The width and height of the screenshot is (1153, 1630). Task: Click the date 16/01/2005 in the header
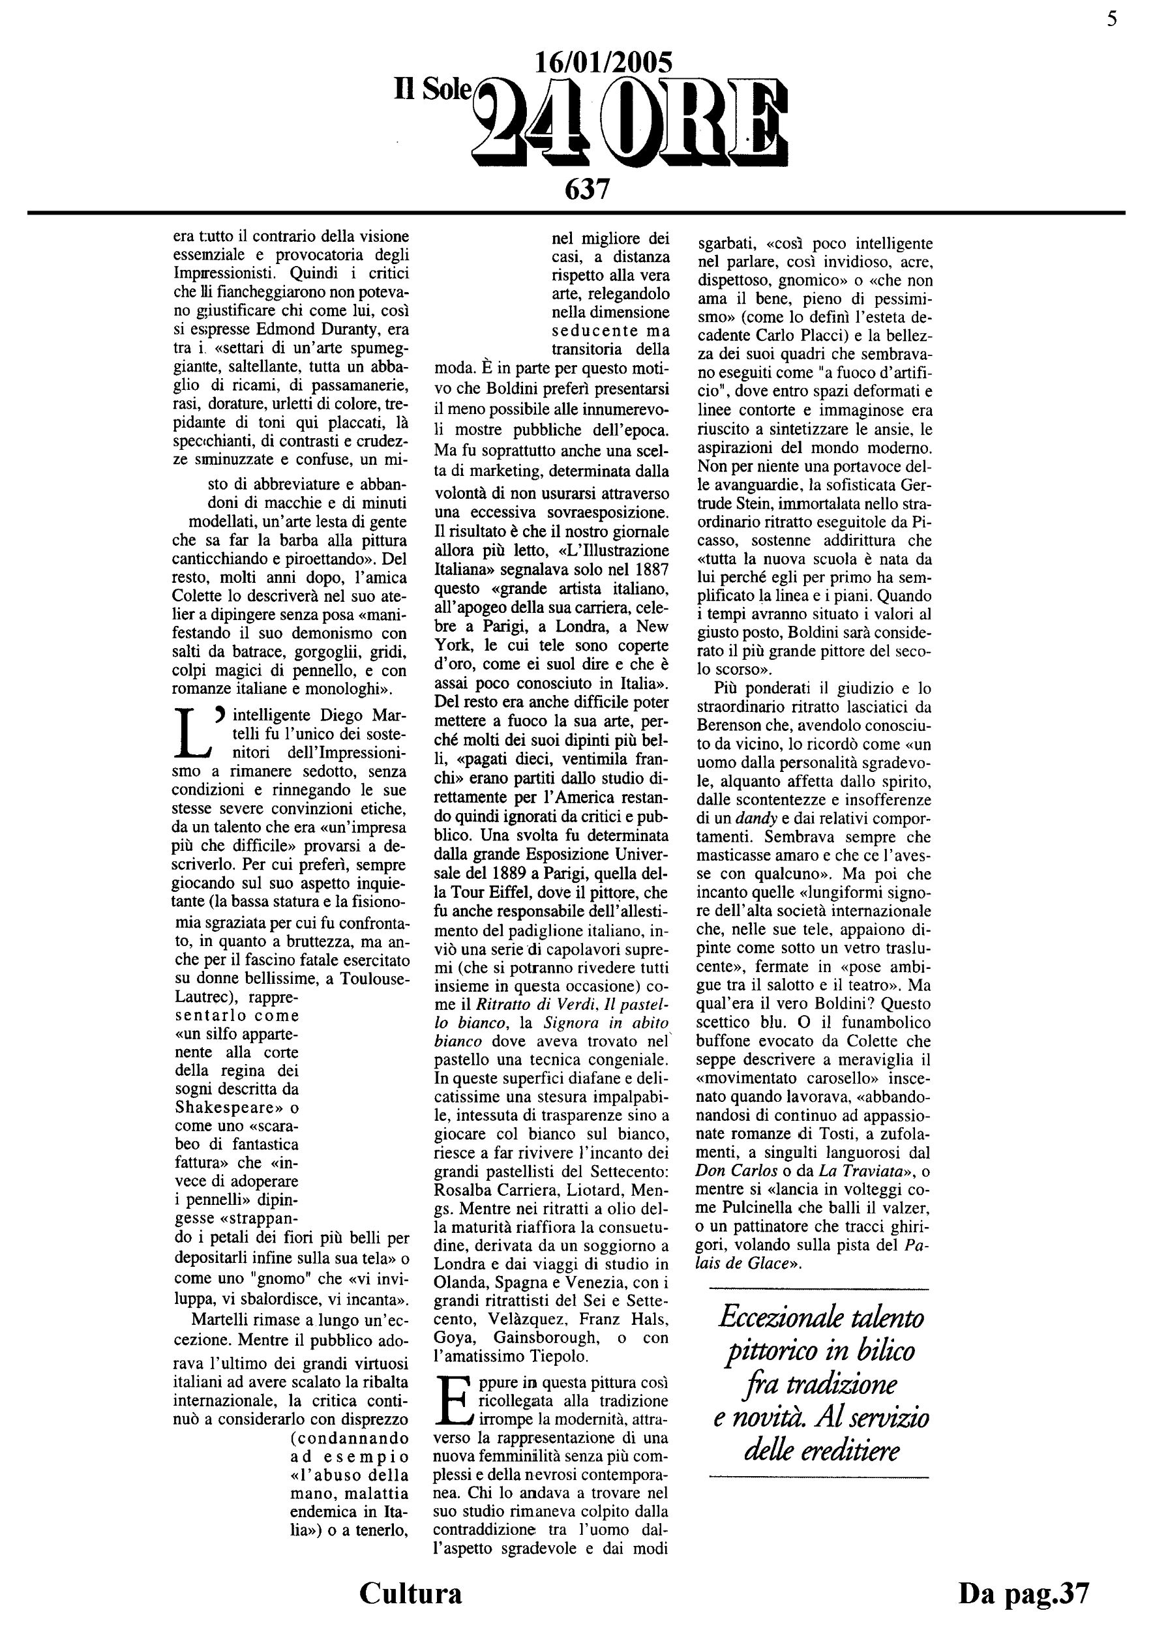click(x=603, y=64)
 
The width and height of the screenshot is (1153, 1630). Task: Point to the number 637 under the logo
click(x=587, y=189)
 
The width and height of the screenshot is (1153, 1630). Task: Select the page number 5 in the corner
click(x=1112, y=19)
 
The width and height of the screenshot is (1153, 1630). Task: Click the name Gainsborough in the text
click(x=545, y=1337)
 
